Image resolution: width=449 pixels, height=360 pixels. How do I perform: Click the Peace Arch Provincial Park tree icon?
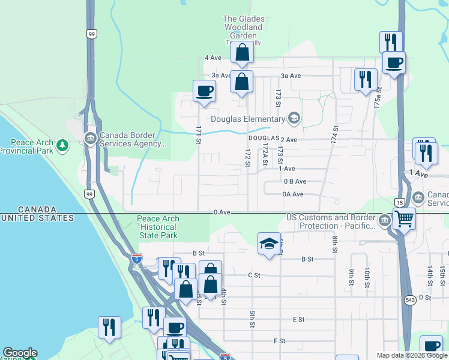(x=62, y=145)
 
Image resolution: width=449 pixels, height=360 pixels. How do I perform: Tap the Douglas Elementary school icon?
(x=294, y=118)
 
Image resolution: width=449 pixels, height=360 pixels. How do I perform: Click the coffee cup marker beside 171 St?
(x=204, y=91)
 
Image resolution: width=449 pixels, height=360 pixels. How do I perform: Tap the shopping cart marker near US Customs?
(x=404, y=219)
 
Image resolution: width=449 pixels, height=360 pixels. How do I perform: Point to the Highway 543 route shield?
(x=411, y=300)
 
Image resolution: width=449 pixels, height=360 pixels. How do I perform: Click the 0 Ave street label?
(x=221, y=212)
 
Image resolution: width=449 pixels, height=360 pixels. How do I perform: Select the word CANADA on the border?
(x=37, y=209)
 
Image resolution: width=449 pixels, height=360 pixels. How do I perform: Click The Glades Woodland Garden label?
(x=243, y=28)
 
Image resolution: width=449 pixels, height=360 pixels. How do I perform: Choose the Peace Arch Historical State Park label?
(x=158, y=227)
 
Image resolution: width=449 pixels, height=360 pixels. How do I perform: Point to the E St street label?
(x=298, y=320)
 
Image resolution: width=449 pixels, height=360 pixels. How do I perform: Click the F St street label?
(x=279, y=341)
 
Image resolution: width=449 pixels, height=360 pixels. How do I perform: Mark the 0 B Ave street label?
(x=295, y=181)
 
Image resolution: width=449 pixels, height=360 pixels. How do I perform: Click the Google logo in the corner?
(x=19, y=353)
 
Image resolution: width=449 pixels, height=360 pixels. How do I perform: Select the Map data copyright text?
(x=412, y=355)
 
